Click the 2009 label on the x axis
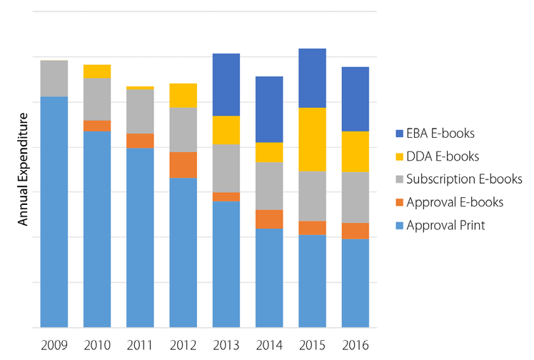54,345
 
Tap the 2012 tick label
183,345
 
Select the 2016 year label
355,345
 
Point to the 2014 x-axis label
269,345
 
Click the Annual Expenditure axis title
23,174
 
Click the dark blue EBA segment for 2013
226,84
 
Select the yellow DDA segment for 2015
312,139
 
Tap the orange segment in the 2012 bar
183,165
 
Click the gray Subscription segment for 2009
54,79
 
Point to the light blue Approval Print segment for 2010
97,229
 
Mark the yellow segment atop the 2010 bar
97,71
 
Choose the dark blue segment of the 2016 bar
355,99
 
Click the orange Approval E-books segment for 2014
269,219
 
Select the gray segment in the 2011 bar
140,111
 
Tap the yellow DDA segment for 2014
269,152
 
